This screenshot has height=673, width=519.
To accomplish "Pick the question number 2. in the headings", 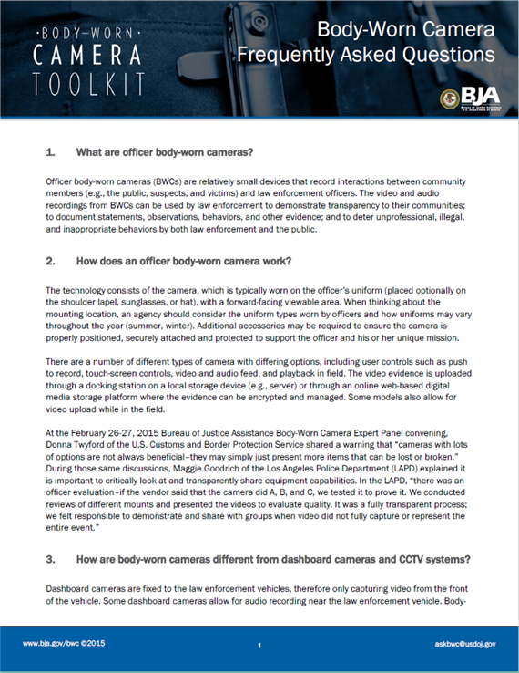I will pos(51,260).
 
